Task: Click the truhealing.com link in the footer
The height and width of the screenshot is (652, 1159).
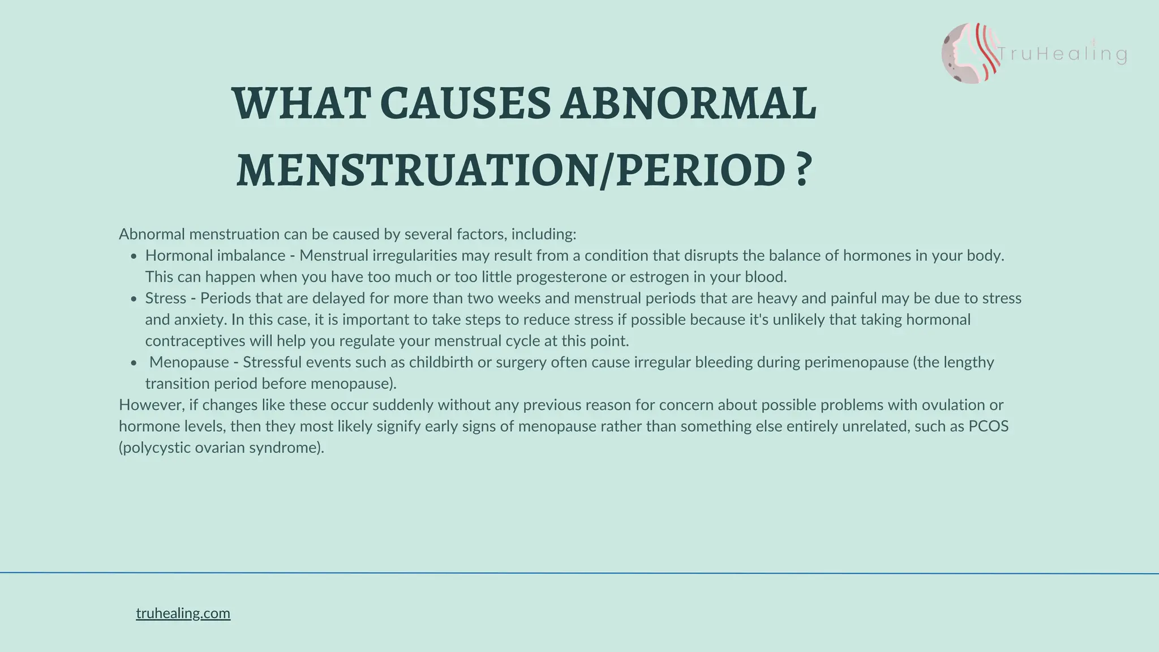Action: pyautogui.click(x=183, y=614)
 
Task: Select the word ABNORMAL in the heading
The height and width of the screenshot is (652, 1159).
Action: pyautogui.click(x=688, y=104)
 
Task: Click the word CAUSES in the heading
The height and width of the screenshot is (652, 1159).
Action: pyautogui.click(x=465, y=104)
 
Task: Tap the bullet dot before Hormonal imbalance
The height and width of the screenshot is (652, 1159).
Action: pyautogui.click(x=134, y=256)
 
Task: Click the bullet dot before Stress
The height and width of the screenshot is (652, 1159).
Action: pyautogui.click(x=134, y=299)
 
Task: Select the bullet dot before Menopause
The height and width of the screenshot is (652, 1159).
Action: pyautogui.click(x=134, y=363)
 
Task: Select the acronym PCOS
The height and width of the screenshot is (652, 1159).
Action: pyautogui.click(x=988, y=426)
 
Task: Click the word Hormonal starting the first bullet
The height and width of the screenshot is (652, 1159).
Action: pyautogui.click(x=179, y=256)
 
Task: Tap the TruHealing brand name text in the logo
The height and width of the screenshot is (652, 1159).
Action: pyautogui.click(x=1062, y=54)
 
